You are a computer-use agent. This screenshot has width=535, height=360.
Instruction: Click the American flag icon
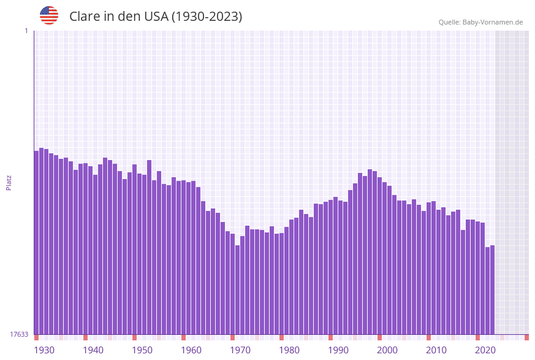(49, 15)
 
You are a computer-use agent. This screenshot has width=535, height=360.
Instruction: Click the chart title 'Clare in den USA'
(156, 17)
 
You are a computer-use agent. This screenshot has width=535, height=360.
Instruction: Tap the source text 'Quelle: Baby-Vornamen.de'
(480, 22)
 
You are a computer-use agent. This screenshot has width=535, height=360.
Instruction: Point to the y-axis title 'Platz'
(9, 182)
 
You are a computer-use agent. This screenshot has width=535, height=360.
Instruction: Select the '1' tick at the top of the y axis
(26, 31)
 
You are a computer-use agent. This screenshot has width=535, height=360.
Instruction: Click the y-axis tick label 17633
(19, 334)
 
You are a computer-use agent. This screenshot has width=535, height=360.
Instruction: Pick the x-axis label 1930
(44, 350)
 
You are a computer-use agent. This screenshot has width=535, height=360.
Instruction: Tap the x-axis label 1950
(142, 350)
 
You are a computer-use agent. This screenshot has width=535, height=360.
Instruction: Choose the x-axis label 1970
(240, 350)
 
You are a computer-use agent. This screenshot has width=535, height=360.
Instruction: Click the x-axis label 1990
(338, 350)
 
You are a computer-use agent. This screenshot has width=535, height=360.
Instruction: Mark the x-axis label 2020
(485, 350)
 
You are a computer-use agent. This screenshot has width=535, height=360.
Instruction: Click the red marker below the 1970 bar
(232, 337)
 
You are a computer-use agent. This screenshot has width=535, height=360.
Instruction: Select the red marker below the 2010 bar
(428, 337)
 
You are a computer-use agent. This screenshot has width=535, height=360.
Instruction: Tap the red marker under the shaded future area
(526, 337)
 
